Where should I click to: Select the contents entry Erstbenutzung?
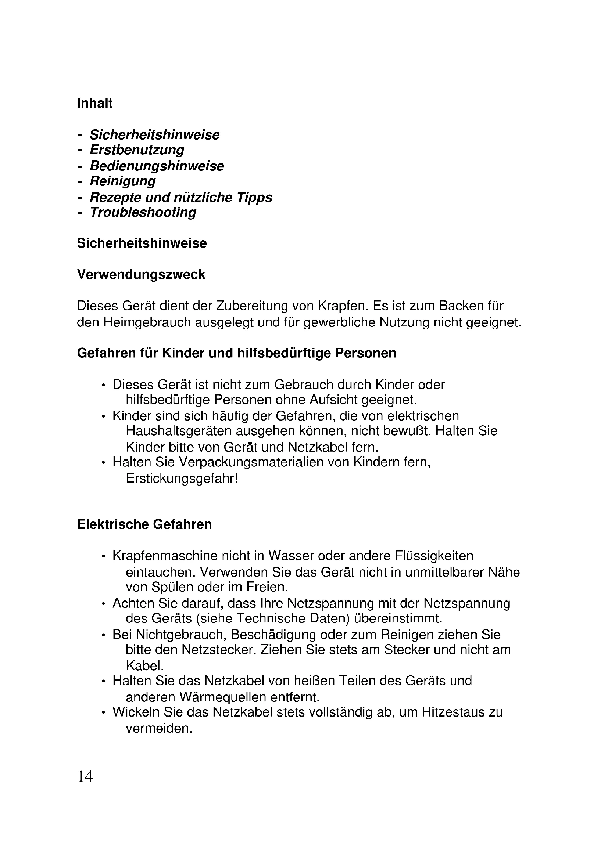tap(137, 150)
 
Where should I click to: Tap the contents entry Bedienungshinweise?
tap(157, 166)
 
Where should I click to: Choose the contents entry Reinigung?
tap(122, 181)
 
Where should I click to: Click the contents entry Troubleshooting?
tap(143, 213)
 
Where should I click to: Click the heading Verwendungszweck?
tap(141, 275)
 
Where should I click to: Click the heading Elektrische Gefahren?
tap(144, 524)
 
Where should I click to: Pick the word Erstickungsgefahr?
tap(182, 478)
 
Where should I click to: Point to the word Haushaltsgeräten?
tap(179, 431)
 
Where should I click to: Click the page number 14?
tap(85, 776)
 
